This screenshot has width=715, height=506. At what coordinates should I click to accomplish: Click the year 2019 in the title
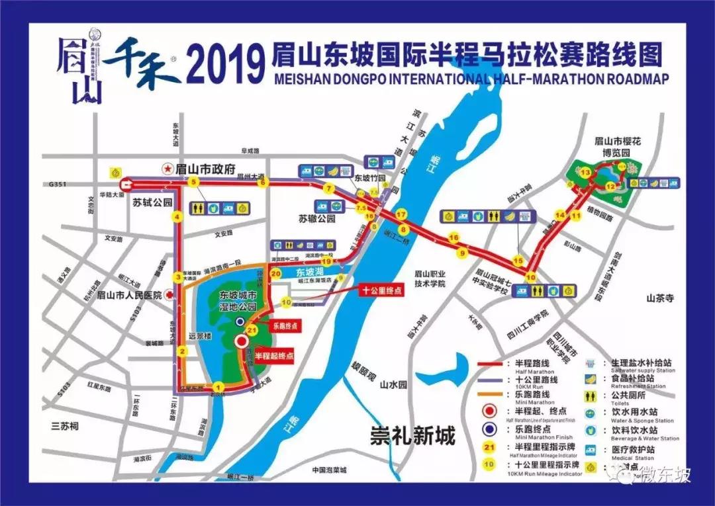pyautogui.click(x=222, y=63)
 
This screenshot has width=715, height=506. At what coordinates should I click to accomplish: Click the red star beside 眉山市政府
pyautogui.click(x=168, y=169)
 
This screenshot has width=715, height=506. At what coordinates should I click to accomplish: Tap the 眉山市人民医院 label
pyautogui.click(x=130, y=295)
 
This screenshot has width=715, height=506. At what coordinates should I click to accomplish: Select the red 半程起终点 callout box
pyautogui.click(x=274, y=355)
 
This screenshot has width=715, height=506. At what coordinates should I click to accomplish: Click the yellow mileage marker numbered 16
pyautogui.click(x=453, y=238)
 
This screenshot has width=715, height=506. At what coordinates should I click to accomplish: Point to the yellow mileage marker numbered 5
pyautogui.click(x=194, y=182)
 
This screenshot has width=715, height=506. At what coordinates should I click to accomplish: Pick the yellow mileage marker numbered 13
pyautogui.click(x=585, y=173)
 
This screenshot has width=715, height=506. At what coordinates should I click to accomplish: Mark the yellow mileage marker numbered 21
pyautogui.click(x=251, y=330)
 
